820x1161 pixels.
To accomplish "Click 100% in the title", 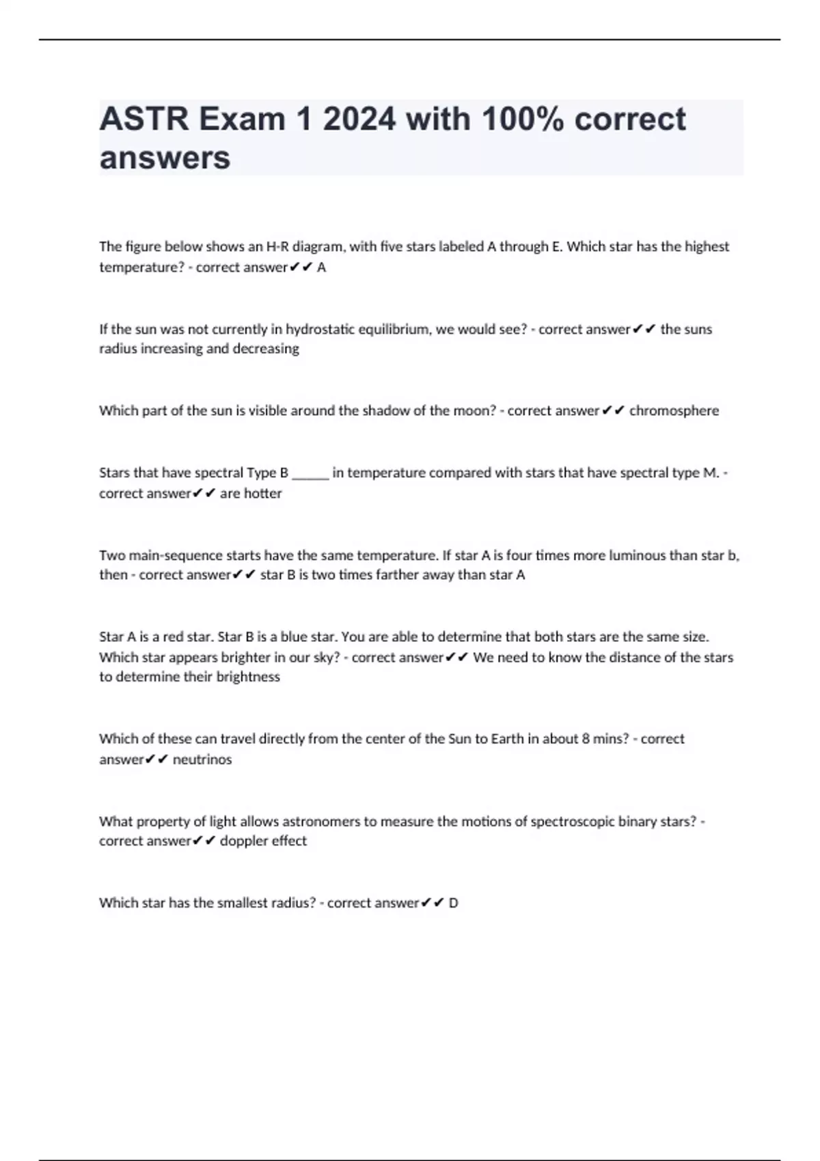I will point(523,120).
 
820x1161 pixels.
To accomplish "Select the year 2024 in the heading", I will point(359,120).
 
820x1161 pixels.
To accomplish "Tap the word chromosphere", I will point(674,410).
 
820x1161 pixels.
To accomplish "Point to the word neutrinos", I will point(202,759).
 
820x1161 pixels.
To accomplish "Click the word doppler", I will point(241,841).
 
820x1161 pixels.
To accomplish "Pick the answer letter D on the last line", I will point(453,903).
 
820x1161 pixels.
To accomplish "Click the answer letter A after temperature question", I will point(322,268).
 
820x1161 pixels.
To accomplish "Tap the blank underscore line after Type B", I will point(310,473).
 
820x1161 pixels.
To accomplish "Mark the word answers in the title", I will point(165,158).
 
